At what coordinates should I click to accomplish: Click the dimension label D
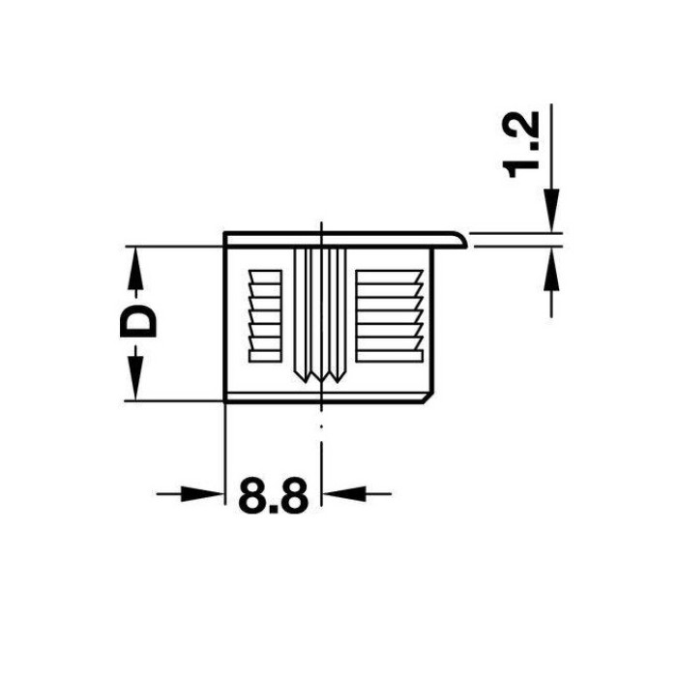[137, 321]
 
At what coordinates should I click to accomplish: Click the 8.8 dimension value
[273, 495]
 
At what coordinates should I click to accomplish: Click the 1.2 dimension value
[521, 145]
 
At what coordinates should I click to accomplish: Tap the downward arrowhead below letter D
[135, 373]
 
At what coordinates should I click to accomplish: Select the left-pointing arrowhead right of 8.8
[344, 493]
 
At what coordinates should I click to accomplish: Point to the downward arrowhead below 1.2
[551, 210]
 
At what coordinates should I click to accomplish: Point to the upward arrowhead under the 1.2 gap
[551, 270]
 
